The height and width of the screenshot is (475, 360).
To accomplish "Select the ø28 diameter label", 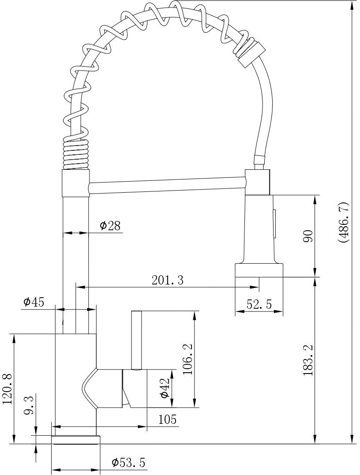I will point(110,226).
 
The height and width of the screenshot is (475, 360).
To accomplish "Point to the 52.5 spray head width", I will point(259,304).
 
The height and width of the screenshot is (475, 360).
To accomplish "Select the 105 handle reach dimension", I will point(167,419).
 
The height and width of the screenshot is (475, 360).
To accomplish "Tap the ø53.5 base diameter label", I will point(128,463).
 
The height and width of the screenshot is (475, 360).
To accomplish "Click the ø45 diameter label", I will point(34,302).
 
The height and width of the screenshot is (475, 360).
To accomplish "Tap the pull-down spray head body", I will point(259,229).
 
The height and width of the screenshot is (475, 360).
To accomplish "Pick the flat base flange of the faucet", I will point(76,439).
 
